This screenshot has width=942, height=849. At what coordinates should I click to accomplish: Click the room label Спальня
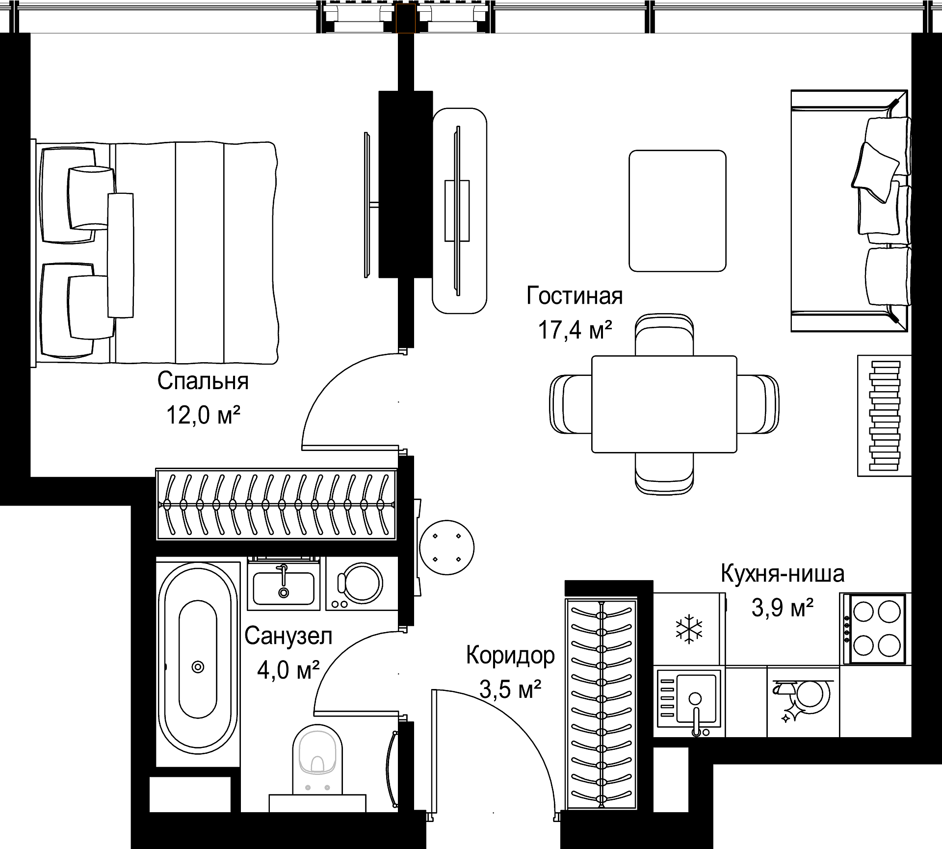click(x=203, y=381)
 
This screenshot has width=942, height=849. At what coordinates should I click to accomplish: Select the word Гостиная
click(x=575, y=296)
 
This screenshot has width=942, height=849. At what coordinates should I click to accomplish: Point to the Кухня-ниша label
click(x=783, y=574)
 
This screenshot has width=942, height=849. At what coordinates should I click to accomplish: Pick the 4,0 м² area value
click(x=288, y=670)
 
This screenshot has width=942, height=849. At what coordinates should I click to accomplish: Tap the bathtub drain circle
click(x=198, y=667)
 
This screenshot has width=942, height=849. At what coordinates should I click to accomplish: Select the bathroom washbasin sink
click(x=283, y=587)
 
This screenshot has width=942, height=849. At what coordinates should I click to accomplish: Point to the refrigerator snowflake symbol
click(x=689, y=629)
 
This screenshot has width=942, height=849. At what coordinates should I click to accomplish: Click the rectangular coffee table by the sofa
click(x=678, y=211)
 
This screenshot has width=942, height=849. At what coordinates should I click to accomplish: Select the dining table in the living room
click(x=664, y=404)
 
